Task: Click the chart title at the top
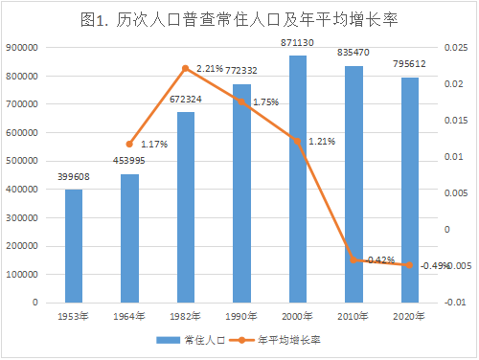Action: (239, 20)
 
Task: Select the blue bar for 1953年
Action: (74, 246)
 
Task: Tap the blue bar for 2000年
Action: (298, 179)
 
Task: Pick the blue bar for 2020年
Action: (410, 190)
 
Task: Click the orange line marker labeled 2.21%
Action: (186, 68)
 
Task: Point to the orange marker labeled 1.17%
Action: (129, 145)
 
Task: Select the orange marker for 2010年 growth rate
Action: (354, 259)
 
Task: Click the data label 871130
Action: (297, 43)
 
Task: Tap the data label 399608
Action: (74, 177)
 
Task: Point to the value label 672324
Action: (186, 100)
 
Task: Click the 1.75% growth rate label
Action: (265, 102)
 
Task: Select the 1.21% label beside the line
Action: (322, 142)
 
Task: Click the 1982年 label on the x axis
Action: (185, 316)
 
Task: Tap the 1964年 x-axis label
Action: (129, 316)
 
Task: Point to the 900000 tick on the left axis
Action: (22, 48)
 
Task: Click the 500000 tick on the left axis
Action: (22, 161)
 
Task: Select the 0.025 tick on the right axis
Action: (456, 48)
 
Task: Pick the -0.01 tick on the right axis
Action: (455, 303)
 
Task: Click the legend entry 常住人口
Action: (191, 340)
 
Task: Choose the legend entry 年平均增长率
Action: (275, 340)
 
